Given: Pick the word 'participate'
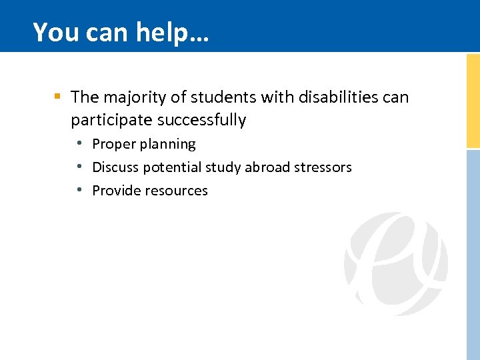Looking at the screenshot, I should [111, 121].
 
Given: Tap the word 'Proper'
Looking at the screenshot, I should [113, 144].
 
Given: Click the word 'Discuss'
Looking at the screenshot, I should [116, 167].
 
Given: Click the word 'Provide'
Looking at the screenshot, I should [116, 191].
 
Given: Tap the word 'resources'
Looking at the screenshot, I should [176, 191].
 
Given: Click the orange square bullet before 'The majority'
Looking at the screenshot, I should [58, 97].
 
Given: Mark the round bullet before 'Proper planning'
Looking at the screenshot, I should [79, 143].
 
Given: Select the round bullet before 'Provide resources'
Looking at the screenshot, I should [79, 190].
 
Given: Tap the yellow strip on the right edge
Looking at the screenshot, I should [473, 100].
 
